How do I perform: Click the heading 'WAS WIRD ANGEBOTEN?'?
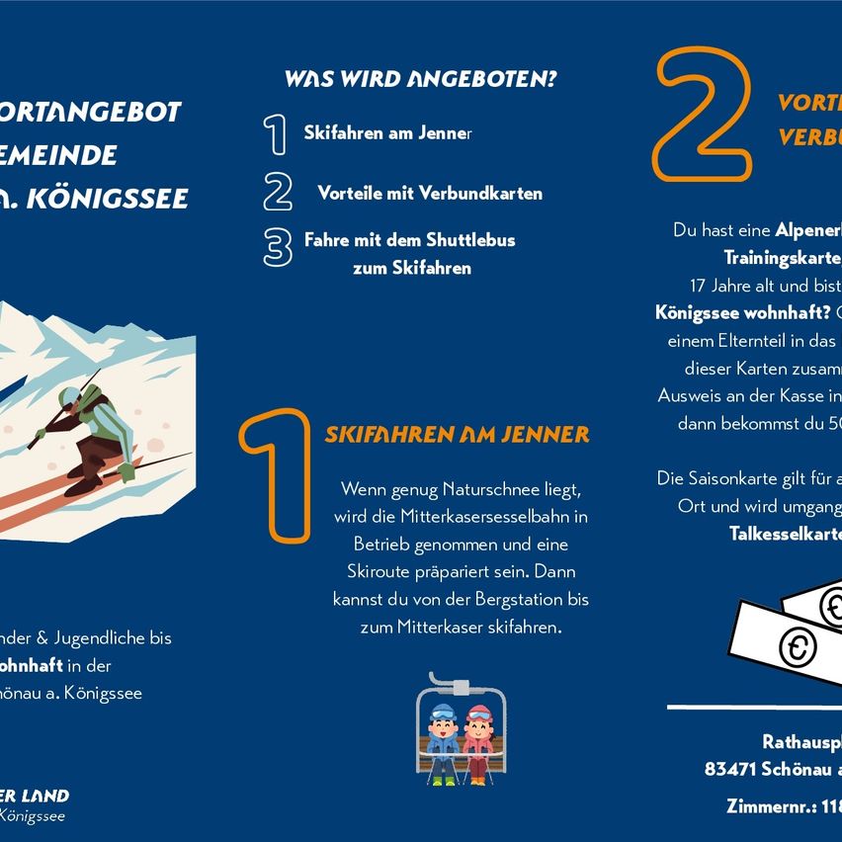point(420,79)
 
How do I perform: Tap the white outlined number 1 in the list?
point(276,134)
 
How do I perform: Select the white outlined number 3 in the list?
point(278,247)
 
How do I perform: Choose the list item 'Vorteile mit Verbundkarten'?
point(430,193)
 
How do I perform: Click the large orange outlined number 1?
point(276,476)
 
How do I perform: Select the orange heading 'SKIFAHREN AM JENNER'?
point(457,435)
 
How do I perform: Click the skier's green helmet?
point(70,397)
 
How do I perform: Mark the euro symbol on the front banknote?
point(798,647)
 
